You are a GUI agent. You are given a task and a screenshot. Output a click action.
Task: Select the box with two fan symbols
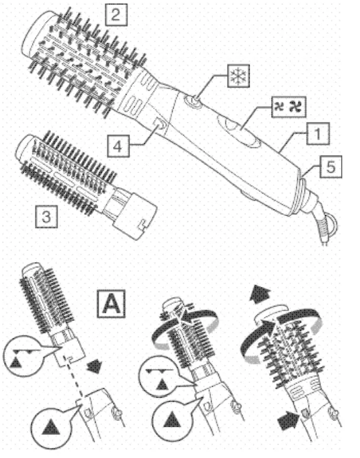[291, 109]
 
